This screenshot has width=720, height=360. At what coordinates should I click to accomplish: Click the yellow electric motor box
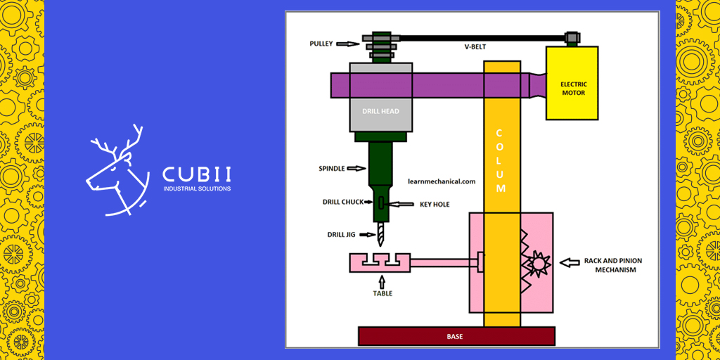(572, 82)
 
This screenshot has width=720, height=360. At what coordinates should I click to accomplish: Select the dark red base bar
(456, 336)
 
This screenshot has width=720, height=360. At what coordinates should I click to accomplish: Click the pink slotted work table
(380, 263)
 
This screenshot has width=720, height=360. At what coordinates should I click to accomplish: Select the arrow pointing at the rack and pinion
(570, 264)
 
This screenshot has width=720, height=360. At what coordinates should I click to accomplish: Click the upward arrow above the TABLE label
(382, 282)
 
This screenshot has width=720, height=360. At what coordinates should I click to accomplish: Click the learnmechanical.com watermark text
(442, 181)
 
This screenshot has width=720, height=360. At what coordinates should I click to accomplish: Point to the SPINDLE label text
(332, 169)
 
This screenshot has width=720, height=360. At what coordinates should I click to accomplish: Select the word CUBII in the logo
(196, 174)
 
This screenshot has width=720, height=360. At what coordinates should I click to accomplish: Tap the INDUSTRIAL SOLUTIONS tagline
(196, 188)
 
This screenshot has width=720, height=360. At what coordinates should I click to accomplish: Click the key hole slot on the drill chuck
(380, 203)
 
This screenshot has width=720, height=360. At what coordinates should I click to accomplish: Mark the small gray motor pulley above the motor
(572, 37)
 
